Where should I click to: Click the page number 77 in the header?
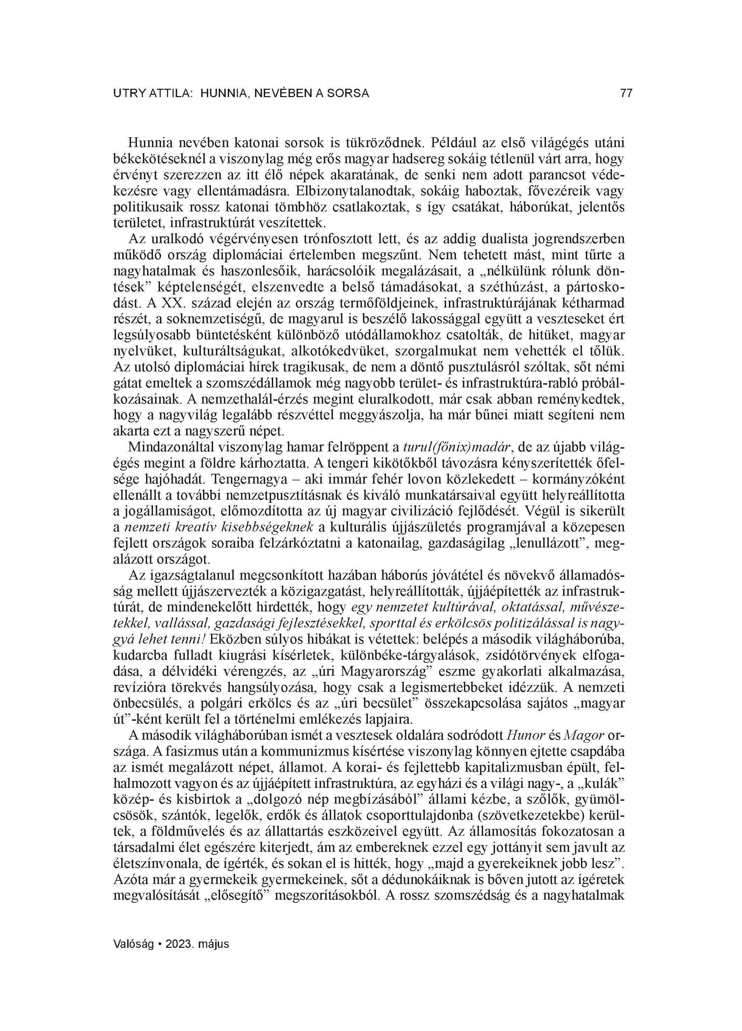click(x=626, y=93)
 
